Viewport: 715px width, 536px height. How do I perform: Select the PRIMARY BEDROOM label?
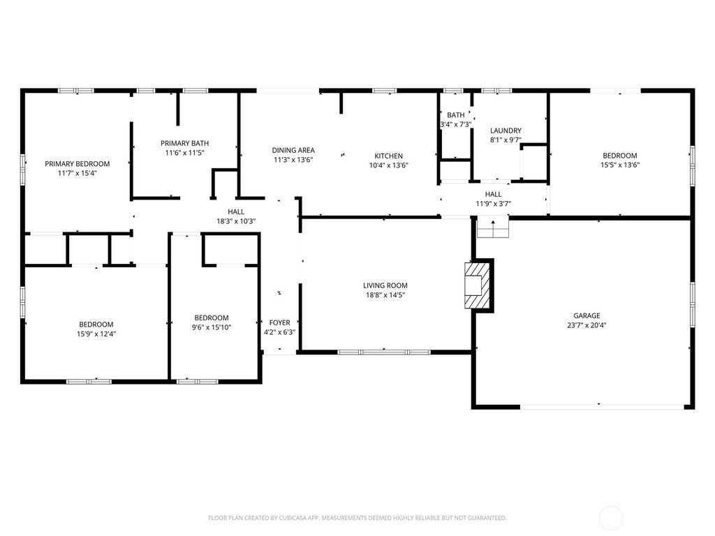click(78, 164)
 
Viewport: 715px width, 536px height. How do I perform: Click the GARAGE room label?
click(587, 315)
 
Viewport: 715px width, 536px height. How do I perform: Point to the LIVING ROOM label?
click(385, 285)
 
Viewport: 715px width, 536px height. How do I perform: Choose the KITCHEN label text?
click(388, 156)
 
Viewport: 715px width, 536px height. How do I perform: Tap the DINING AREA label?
click(293, 150)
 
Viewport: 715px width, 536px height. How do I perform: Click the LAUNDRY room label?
click(506, 131)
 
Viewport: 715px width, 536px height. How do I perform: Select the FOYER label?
click(279, 322)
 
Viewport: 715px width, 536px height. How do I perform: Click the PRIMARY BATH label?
click(184, 143)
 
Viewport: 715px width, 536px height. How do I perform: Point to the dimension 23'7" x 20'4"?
click(587, 325)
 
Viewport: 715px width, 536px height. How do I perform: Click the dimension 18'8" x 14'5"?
click(385, 295)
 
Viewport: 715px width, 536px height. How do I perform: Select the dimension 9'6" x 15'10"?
click(212, 327)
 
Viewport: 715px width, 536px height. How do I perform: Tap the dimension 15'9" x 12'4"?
click(96, 334)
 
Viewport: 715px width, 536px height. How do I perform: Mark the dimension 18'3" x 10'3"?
click(236, 222)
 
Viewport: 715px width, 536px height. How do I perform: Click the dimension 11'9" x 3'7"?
click(493, 204)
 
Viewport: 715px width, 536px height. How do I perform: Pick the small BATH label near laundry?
click(456, 115)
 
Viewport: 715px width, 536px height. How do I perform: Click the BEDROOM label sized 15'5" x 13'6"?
click(619, 156)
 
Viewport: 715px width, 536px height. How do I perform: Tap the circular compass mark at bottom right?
click(611, 518)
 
